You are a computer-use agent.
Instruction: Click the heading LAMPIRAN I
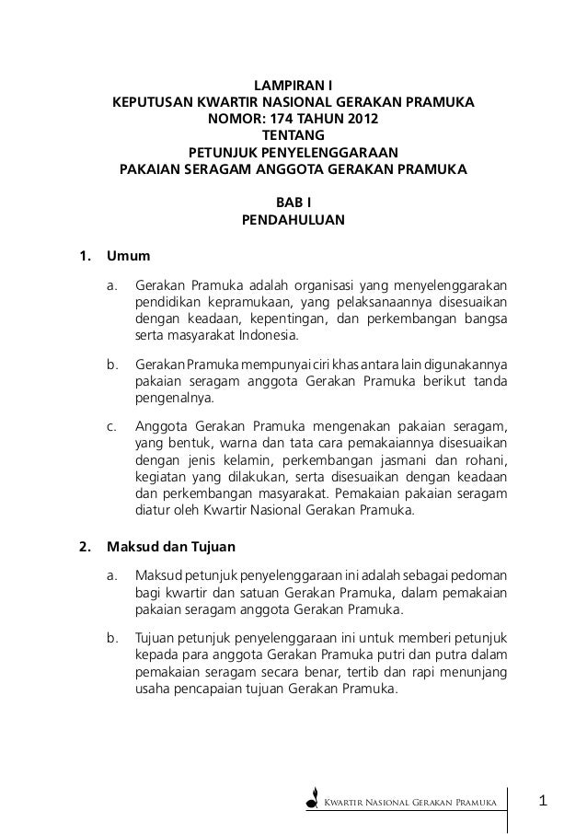(x=293, y=87)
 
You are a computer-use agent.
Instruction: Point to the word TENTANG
(x=293, y=136)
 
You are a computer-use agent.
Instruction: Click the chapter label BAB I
(x=293, y=203)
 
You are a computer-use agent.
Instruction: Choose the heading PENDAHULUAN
(x=293, y=221)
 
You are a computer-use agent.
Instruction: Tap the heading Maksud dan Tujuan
(x=160, y=543)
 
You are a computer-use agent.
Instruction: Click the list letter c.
(x=111, y=426)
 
